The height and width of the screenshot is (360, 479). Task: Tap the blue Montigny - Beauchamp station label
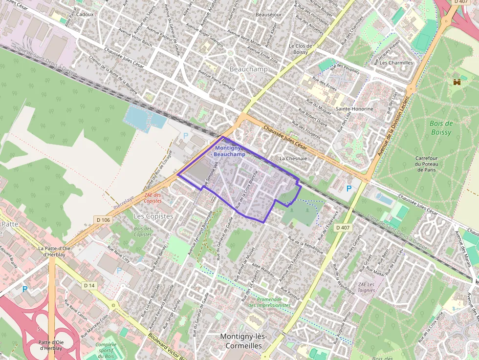[x=230, y=151]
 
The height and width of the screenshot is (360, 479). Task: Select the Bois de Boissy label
[x=441, y=127]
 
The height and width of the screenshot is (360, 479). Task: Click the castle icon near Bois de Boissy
[x=457, y=82]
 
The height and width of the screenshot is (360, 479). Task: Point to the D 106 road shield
[x=104, y=220]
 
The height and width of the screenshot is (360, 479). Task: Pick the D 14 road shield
[x=88, y=285]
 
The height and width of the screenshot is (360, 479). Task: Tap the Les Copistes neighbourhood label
[x=153, y=216]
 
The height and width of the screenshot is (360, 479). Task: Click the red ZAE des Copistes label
[x=153, y=198]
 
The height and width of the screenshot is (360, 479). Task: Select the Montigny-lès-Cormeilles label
[x=241, y=341]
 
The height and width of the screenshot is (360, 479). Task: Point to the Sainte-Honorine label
[x=354, y=109]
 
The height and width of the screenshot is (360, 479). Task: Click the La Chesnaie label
[x=293, y=159]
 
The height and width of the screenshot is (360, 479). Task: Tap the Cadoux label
[x=85, y=15]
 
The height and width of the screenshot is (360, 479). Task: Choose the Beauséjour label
[x=268, y=15]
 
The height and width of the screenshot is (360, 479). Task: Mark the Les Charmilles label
[x=396, y=63]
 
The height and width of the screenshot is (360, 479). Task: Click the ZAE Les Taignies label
[x=366, y=287]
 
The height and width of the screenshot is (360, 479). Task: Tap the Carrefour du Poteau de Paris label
[x=427, y=164]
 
